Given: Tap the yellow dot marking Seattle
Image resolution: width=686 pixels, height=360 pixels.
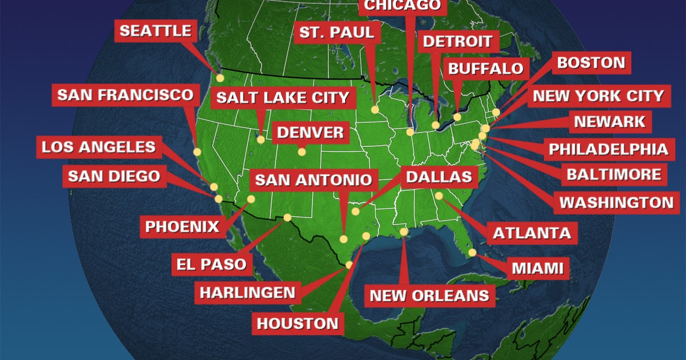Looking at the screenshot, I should coord(220,78).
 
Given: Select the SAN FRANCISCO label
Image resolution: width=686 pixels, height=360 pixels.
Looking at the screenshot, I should coord(125,95).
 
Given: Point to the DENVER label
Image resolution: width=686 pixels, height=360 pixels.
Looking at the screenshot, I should coord(310,133).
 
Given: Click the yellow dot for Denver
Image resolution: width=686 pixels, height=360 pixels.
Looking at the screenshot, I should coord(302,151).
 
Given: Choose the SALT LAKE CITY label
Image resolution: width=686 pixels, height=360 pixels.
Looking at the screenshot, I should coord(282,97).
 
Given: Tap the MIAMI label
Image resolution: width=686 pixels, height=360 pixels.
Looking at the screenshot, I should coord(537,268).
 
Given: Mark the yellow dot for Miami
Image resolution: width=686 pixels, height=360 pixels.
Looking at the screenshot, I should coord(472,252).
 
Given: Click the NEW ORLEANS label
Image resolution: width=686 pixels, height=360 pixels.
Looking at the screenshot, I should coord(429,295).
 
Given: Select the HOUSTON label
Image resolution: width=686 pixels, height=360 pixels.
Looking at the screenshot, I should coord(297,323).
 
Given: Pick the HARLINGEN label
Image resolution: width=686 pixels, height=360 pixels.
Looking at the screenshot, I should coord(248,293).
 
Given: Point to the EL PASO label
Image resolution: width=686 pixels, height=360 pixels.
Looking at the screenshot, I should coord(212,264).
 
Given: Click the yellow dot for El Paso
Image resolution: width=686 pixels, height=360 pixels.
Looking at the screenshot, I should coord(287,217).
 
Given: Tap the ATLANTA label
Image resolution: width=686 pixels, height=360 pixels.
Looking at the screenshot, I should coord(532,233).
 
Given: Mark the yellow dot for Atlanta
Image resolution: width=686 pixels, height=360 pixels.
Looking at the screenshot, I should coord(439,196).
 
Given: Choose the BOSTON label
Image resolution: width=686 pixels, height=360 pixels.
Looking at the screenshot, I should coord(591,63).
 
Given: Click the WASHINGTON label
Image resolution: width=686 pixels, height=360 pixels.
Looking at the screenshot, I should coord(616,202).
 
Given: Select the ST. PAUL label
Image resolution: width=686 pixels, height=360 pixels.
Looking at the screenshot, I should coord(337,32).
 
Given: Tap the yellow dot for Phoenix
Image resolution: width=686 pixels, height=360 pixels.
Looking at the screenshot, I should coord(250,199).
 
